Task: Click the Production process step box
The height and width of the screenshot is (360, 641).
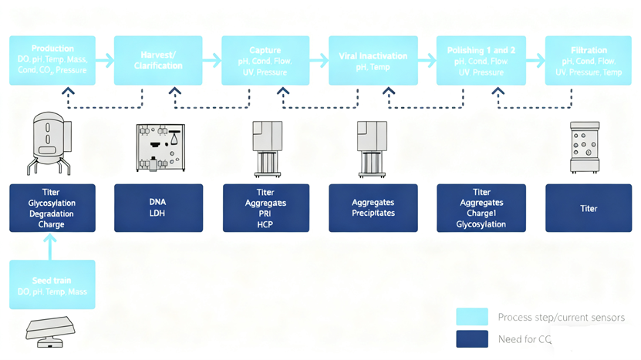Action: point(52,60)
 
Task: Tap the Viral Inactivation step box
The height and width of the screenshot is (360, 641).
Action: point(373,60)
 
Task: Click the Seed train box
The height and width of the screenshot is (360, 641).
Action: point(52,284)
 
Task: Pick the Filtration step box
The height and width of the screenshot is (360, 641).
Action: point(589,60)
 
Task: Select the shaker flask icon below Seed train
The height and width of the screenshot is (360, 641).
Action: point(50,329)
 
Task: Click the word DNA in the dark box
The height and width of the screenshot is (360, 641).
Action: point(157,202)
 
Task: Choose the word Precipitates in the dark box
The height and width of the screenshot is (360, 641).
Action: point(373,214)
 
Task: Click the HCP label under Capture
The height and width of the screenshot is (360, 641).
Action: point(265,224)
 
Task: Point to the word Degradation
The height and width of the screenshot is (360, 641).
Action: point(52,214)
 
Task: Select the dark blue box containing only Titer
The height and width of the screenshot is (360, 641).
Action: point(589,208)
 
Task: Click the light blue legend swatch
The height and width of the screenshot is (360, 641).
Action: point(471,317)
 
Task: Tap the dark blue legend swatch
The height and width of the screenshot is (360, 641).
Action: point(471,339)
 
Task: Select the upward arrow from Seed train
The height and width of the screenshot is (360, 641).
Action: point(51,245)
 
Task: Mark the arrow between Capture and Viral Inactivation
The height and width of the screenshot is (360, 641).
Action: point(319,59)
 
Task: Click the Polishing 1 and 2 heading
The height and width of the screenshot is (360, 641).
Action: point(481,50)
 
